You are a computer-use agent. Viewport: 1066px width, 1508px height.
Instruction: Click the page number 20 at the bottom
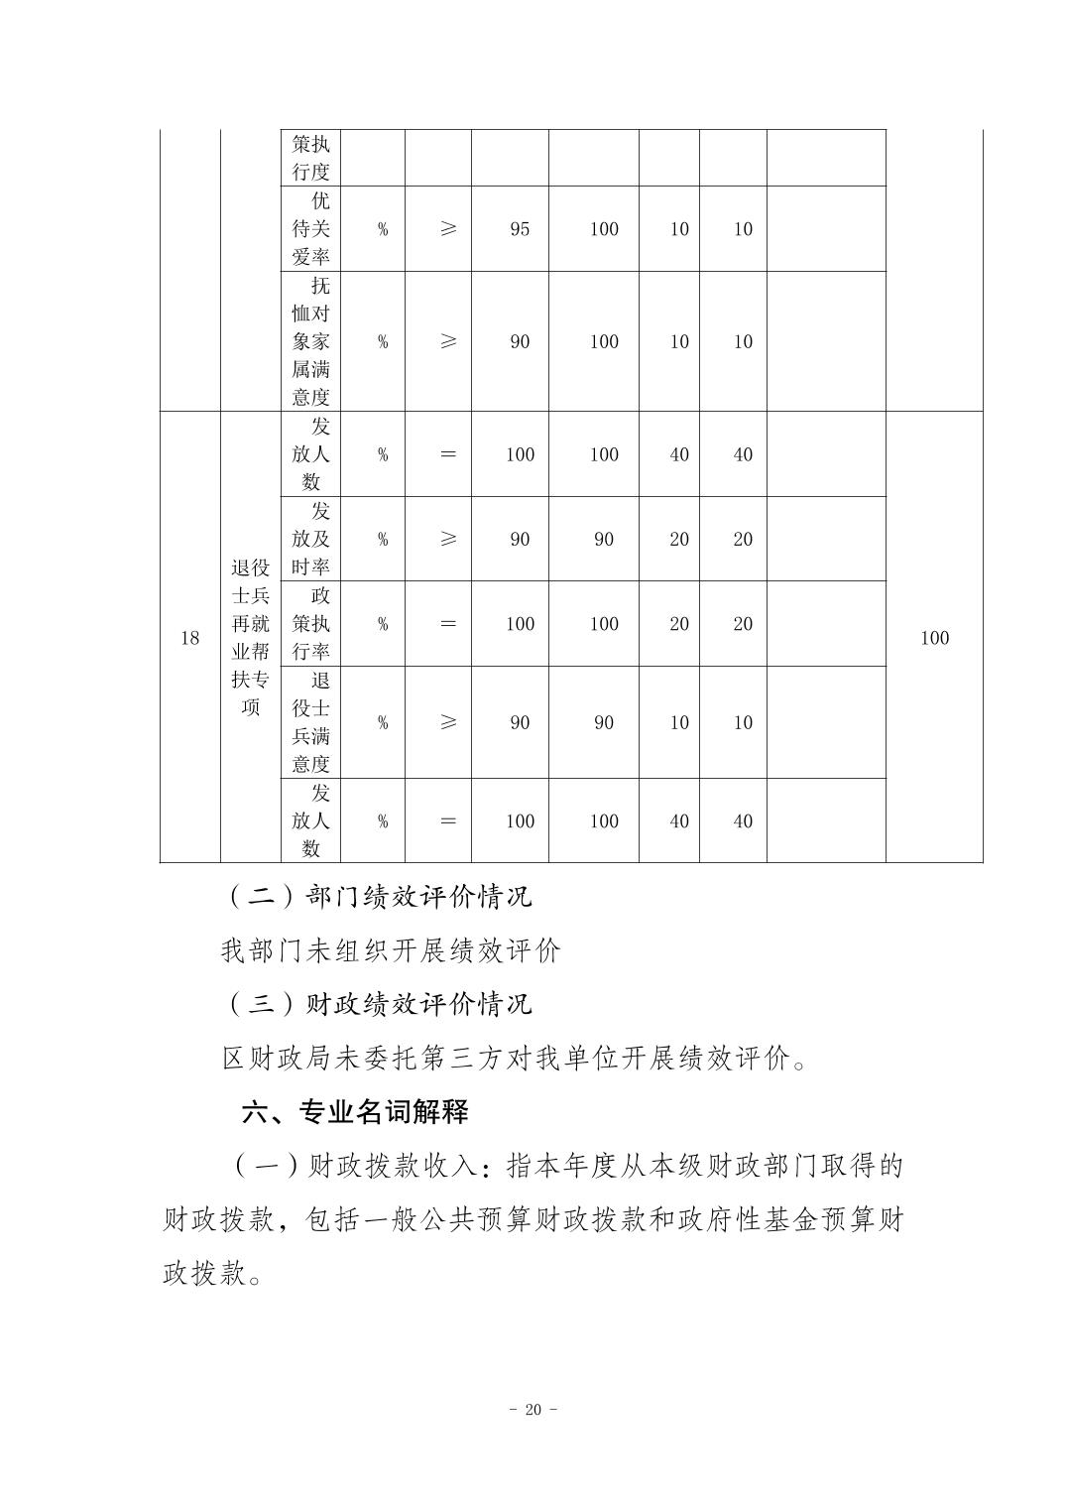[x=533, y=1410]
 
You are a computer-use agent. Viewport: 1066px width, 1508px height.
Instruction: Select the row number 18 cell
[x=189, y=638]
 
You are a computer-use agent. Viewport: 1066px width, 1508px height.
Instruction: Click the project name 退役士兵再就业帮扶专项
[x=250, y=638]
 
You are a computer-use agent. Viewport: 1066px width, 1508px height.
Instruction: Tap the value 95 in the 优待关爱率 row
[x=520, y=229]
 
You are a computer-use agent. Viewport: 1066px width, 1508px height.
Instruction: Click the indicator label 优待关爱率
[x=310, y=229]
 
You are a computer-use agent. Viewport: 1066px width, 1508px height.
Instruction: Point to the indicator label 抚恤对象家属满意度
[x=310, y=341]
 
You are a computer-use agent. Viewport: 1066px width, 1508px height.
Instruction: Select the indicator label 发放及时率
[x=310, y=539]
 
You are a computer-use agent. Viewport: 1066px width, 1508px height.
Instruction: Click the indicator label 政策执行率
[x=310, y=624]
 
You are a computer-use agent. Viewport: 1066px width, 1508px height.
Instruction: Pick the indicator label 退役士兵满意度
[x=310, y=722]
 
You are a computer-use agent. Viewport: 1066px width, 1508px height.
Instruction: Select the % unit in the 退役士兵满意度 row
[x=383, y=722]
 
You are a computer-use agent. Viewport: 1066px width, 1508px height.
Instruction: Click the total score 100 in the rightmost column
[x=934, y=638]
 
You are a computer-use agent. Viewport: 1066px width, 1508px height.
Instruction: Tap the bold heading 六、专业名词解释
[x=355, y=1112]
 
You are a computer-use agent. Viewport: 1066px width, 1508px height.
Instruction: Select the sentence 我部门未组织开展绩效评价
[x=391, y=950]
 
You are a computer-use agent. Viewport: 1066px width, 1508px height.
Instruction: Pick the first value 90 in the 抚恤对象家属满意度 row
[x=520, y=341]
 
